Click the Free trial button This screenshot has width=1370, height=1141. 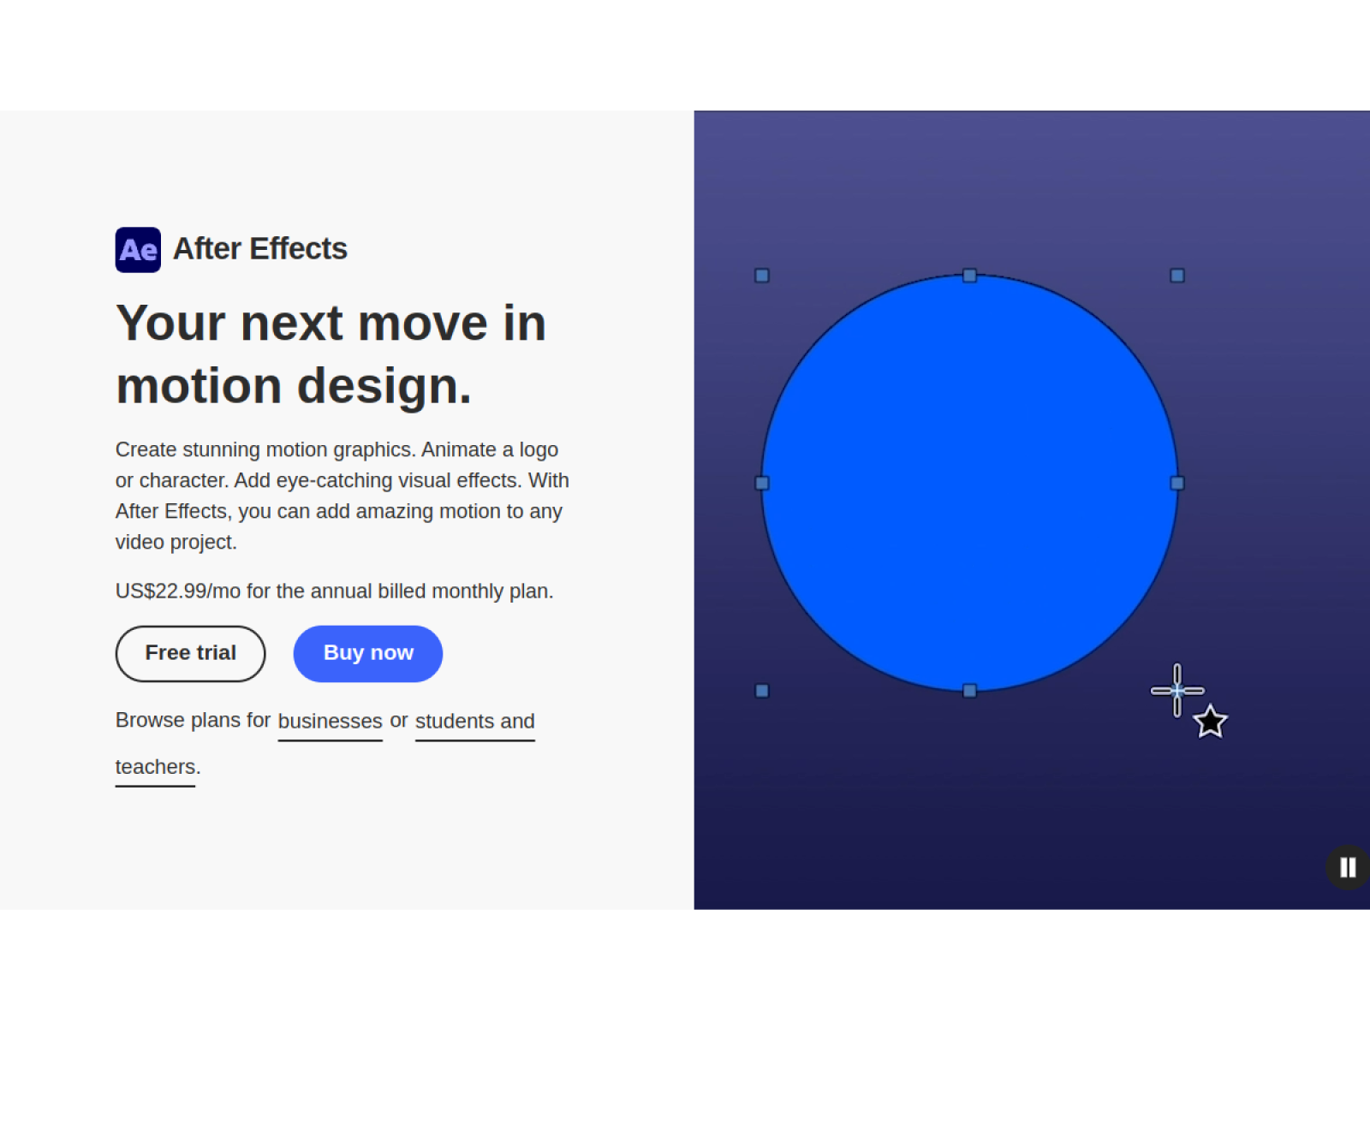190,653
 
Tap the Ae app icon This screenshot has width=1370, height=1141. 138,250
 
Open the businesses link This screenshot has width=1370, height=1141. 330,721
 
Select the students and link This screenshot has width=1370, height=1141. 474,721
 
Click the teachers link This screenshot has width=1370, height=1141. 155,766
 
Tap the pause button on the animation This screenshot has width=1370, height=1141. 1348,867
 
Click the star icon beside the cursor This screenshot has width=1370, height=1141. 1210,722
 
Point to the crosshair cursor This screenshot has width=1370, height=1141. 1177,690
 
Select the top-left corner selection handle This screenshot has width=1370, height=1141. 762,276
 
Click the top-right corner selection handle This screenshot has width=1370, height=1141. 1177,276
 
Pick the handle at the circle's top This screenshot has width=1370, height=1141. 969,276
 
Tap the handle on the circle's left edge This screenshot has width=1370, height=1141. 762,483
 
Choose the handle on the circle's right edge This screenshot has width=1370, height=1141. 1177,483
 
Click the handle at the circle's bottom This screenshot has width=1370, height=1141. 969,691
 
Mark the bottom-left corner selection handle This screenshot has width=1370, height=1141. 762,691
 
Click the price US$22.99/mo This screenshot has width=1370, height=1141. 177,591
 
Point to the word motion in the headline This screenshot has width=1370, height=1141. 199,386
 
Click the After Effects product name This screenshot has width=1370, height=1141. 259,249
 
